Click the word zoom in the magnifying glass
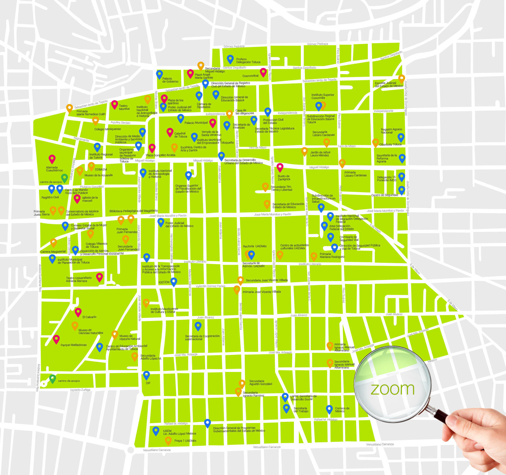point(392,389)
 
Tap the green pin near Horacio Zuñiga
point(52,378)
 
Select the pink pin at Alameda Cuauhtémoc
point(52,159)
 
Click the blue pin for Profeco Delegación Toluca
point(230,59)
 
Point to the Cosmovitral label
point(250,76)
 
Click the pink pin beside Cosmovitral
point(263,72)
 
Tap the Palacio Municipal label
point(196,123)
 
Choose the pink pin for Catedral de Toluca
point(170,132)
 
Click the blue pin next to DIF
point(146,375)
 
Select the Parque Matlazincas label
point(73,345)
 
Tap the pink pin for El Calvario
point(78,312)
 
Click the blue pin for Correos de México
point(329,409)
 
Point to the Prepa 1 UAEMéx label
point(185,441)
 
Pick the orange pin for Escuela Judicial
point(401,78)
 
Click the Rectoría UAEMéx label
point(255,246)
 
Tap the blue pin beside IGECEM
point(174,281)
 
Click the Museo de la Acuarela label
point(98,175)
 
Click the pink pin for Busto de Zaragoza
point(280,167)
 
